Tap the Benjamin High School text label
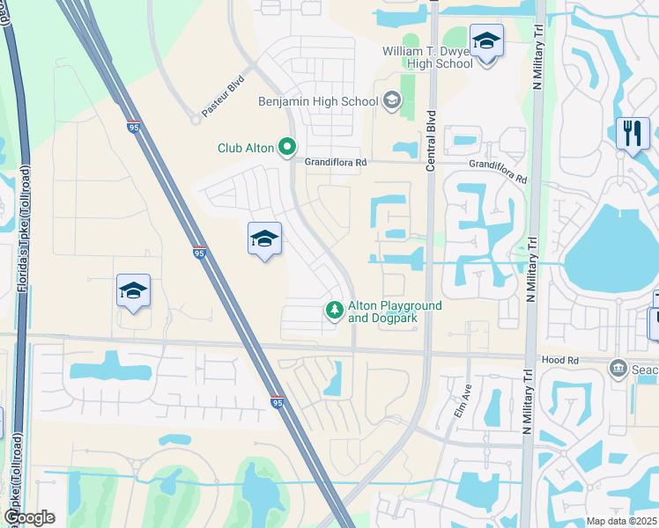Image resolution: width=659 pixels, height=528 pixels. pyautogui.click(x=318, y=101)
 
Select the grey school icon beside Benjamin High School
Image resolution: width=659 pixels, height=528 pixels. pyautogui.click(x=390, y=101)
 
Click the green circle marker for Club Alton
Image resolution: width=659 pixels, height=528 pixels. pyautogui.click(x=285, y=148)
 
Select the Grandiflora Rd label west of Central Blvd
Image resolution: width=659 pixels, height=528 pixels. pyautogui.click(x=335, y=163)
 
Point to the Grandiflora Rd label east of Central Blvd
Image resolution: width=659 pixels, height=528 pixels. pyautogui.click(x=498, y=172)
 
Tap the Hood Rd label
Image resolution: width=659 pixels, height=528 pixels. pyautogui.click(x=561, y=360)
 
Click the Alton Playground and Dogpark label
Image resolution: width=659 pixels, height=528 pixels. pyautogui.click(x=394, y=312)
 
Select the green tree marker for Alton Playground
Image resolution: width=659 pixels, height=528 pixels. pyautogui.click(x=334, y=311)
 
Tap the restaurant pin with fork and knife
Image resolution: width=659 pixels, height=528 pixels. pyautogui.click(x=633, y=135)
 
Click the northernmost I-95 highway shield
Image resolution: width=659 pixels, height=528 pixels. pyautogui.click(x=134, y=127)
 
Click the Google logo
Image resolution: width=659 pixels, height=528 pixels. pyautogui.click(x=29, y=517)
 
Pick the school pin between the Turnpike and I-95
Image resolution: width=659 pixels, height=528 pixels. pyautogui.click(x=133, y=291)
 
